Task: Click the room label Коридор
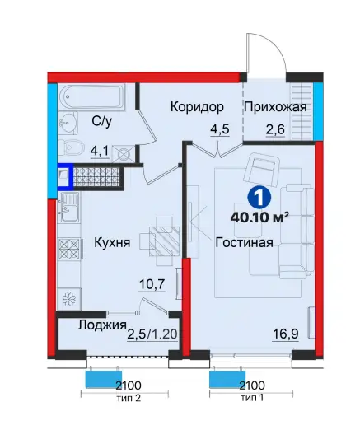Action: tap(197, 107)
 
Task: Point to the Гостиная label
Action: tap(244, 243)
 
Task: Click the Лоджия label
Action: tap(101, 325)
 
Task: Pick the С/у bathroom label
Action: tap(101, 121)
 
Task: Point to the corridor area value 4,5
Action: tap(218, 129)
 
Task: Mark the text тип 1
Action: tap(251, 397)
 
